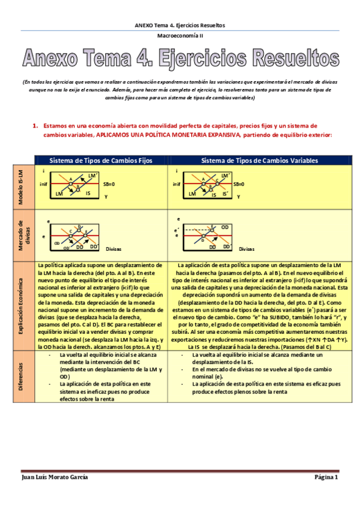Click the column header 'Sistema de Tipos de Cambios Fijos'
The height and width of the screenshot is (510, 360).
[x=100, y=161]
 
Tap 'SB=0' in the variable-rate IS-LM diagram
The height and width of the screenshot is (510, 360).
[x=242, y=184]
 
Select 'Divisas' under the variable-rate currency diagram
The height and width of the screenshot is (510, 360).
[x=246, y=248]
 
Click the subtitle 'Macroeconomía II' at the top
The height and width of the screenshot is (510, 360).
[x=180, y=36]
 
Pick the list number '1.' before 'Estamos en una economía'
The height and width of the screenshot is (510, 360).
[x=36, y=126]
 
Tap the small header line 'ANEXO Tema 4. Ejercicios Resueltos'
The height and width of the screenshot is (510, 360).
[x=180, y=25]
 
